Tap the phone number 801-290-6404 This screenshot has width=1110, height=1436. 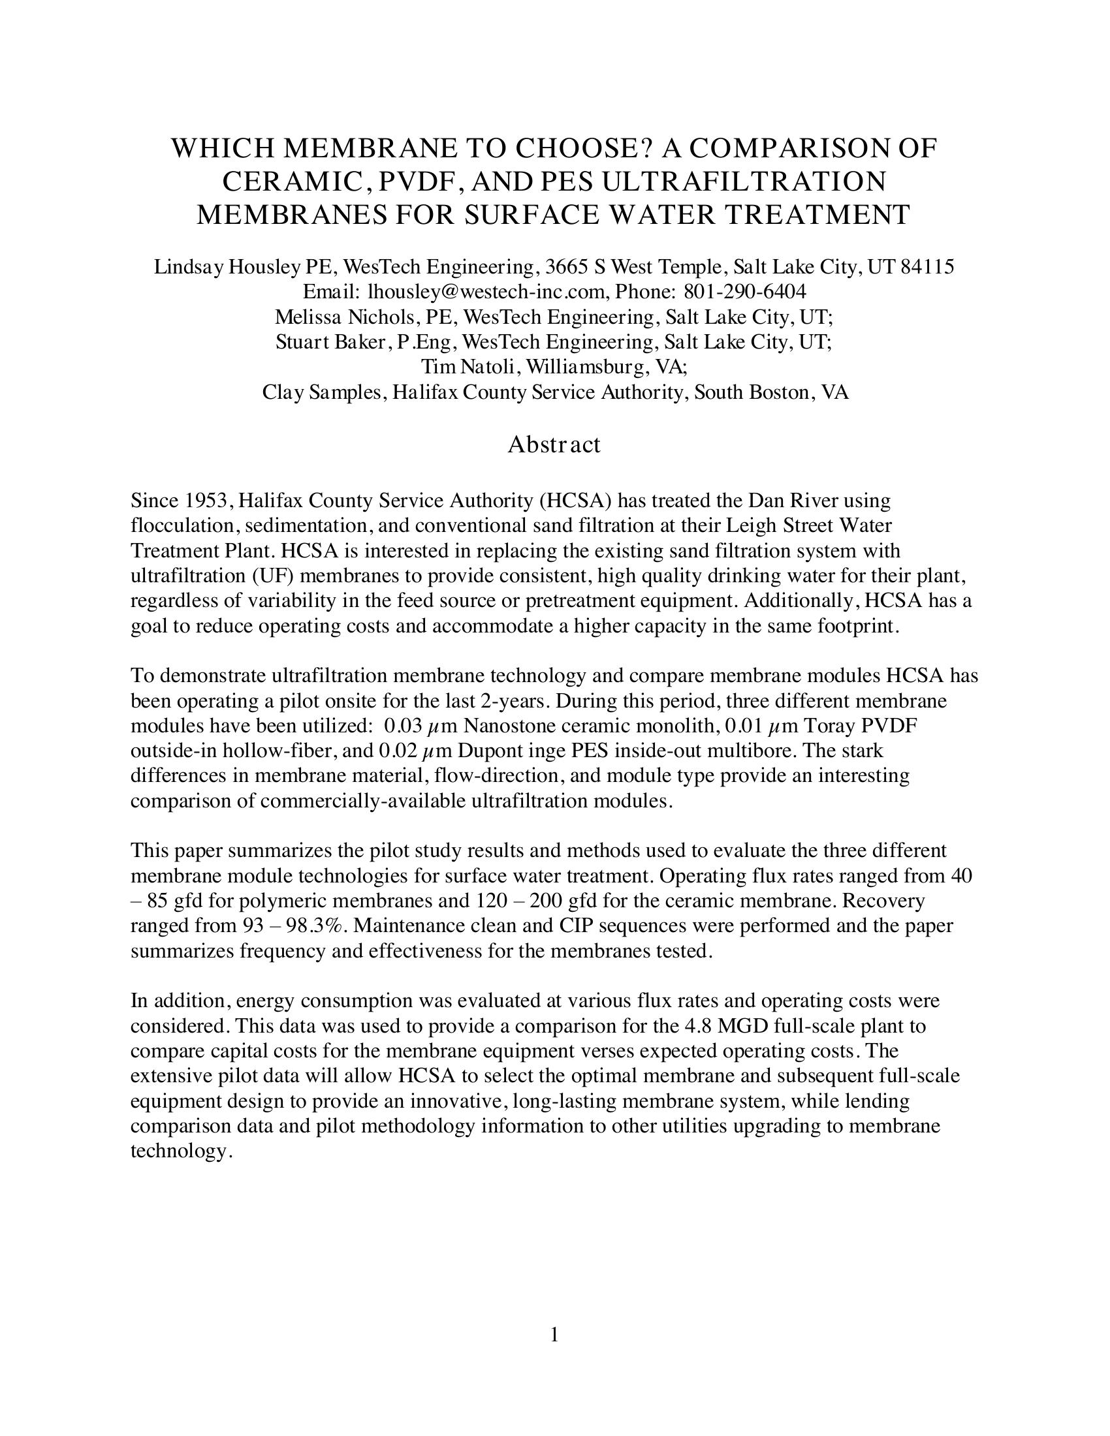pos(745,291)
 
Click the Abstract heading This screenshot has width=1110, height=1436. pos(554,445)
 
